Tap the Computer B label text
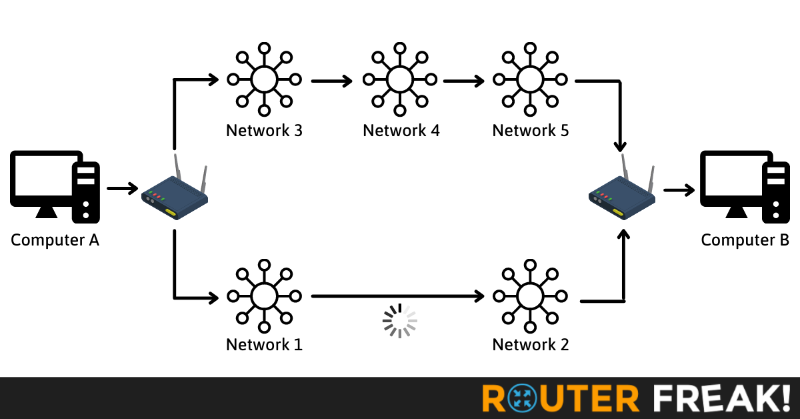click(745, 240)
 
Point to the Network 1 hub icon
click(264, 295)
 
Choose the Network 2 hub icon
click(530, 295)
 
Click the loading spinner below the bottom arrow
click(399, 321)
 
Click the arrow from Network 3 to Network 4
click(331, 81)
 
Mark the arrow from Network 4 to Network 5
click(464, 81)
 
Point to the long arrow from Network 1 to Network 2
click(397, 295)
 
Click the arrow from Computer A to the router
click(121, 189)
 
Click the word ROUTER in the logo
click(560, 398)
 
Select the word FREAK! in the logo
click(720, 398)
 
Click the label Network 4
click(401, 130)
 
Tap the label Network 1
click(264, 345)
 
